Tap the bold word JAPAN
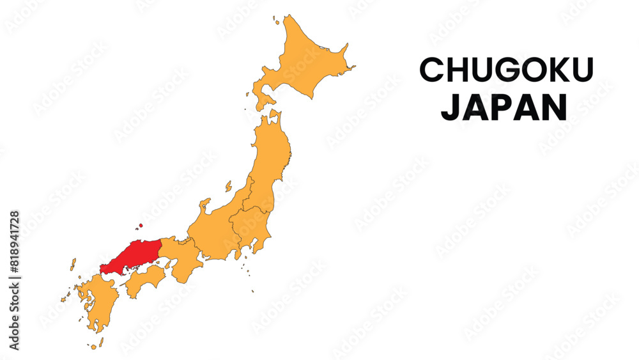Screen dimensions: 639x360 point(504,108)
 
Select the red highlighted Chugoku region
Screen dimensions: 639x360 point(131,258)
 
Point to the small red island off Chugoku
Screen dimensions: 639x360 point(140,226)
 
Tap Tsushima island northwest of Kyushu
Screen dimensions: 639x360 point(73,263)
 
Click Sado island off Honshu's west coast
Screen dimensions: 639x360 point(228,186)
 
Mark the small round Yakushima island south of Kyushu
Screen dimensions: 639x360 point(93,347)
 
